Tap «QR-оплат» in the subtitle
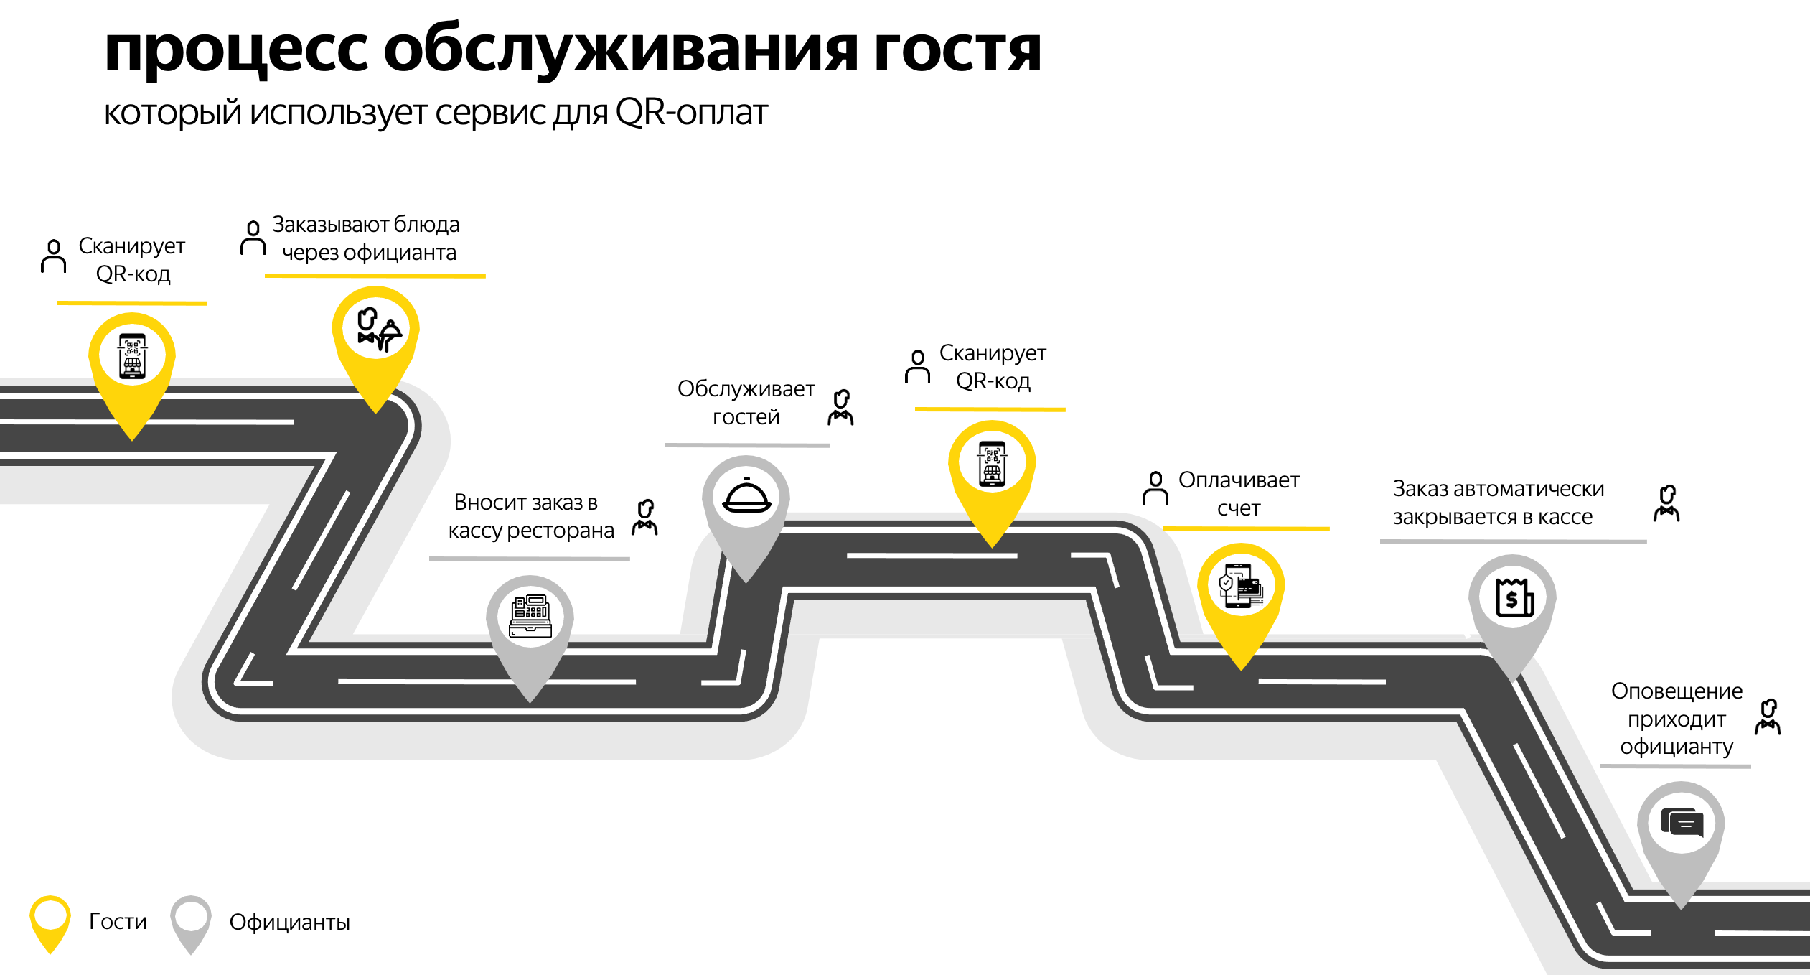pyautogui.click(x=691, y=112)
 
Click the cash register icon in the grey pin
pyautogui.click(x=530, y=616)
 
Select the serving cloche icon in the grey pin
pyautogui.click(x=746, y=495)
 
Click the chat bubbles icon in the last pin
pyautogui.click(x=1682, y=823)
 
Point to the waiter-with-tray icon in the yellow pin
pyautogui.click(x=378, y=330)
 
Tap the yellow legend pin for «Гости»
pyautogui.click(x=50, y=923)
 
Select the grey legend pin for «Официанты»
pyautogui.click(x=190, y=923)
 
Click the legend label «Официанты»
pyautogui.click(x=289, y=922)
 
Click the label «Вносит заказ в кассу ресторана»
pyautogui.click(x=530, y=516)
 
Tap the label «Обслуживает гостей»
pyautogui.click(x=746, y=402)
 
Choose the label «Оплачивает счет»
pyautogui.click(x=1239, y=494)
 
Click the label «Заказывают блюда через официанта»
pyautogui.click(x=366, y=238)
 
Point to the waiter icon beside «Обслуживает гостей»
pyautogui.click(x=841, y=407)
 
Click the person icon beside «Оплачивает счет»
pyautogui.click(x=1155, y=488)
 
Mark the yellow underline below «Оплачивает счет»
pyautogui.click(x=1247, y=528)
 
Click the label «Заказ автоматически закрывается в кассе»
pyautogui.click(x=1499, y=503)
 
